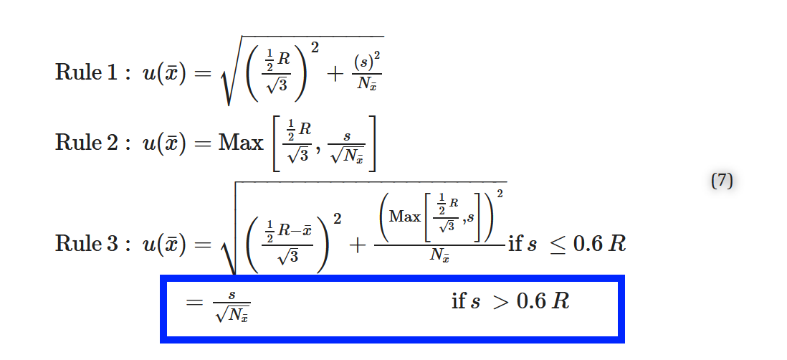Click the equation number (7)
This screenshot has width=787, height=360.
click(722, 180)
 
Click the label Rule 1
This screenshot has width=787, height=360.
click(85, 73)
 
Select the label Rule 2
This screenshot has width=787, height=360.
click(85, 143)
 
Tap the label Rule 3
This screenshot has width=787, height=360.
click(85, 244)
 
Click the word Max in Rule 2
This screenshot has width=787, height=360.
click(240, 143)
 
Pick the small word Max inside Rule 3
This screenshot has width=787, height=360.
click(405, 217)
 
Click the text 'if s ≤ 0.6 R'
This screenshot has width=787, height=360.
click(567, 245)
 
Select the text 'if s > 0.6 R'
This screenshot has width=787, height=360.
click(510, 301)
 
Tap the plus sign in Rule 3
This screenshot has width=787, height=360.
click(357, 245)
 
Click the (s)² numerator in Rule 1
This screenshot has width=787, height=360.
click(367, 61)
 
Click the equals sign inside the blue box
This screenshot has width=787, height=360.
click(194, 302)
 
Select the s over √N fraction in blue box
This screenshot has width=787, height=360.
click(232, 305)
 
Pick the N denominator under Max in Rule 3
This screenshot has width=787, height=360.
click(439, 256)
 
